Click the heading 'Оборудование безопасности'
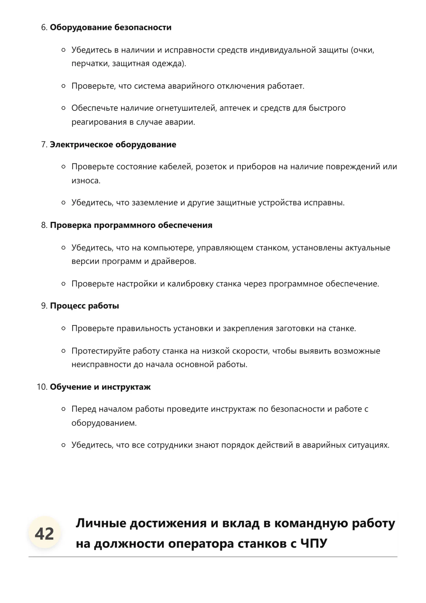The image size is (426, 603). coord(110,28)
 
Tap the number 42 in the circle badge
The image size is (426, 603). coord(44,534)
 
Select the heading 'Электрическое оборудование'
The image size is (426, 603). coord(113,144)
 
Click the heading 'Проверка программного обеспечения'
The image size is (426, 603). coord(131,225)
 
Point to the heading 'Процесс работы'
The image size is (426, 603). coord(84,306)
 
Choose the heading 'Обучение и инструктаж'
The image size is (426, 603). coord(100,387)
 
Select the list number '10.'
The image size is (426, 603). coord(42,387)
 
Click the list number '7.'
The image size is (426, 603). coord(44,144)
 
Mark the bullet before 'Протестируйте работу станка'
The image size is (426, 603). coord(63,351)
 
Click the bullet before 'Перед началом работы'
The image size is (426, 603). coord(63,409)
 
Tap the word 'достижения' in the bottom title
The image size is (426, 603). coord(168,523)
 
